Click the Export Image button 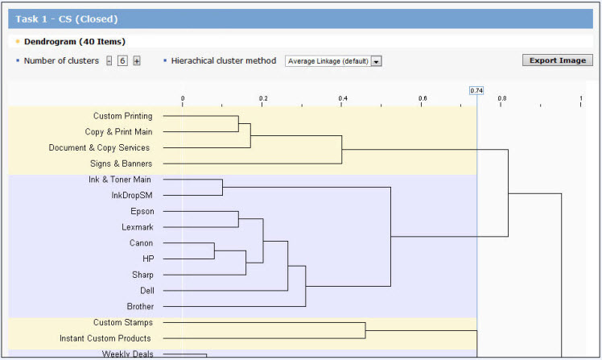pos(558,60)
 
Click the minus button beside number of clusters pos(109,60)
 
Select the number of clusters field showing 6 pos(122,60)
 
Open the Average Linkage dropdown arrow pos(377,61)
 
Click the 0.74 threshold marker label pos(476,91)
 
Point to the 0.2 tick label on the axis pos(263,98)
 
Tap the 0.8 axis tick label pos(501,98)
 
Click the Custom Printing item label pos(123,116)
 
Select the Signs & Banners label pos(121,163)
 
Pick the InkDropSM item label pos(132,196)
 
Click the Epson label pos(142,211)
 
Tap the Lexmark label pos(138,227)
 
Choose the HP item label pos(148,259)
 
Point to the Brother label pos(140,307)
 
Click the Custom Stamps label pos(123,322)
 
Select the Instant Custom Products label pos(105,338)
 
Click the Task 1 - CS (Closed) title pos(67,19)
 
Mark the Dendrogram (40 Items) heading pos(75,42)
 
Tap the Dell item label pos(147,291)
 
